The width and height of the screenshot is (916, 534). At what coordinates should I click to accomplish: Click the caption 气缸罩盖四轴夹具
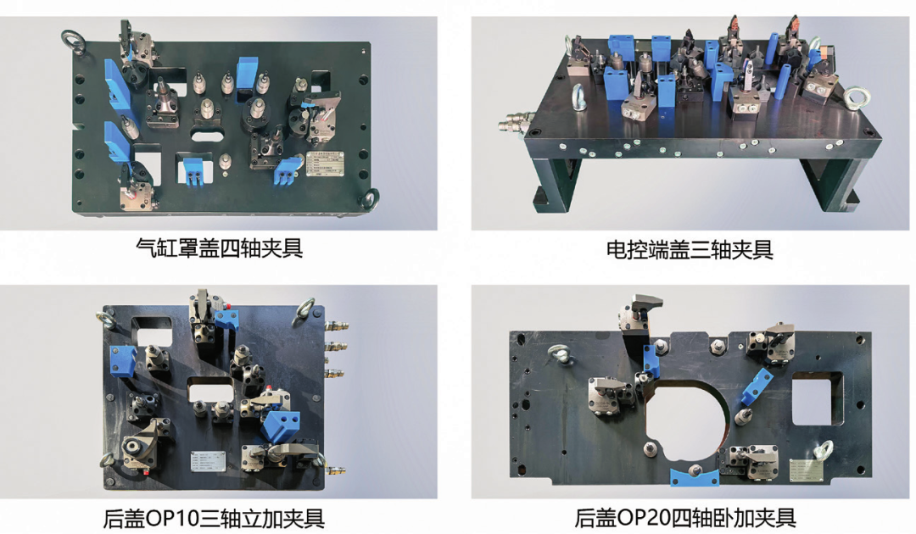click(219, 248)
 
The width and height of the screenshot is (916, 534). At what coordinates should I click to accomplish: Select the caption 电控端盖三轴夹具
click(690, 249)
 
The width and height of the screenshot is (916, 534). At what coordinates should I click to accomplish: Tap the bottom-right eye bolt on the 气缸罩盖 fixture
click(370, 200)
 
